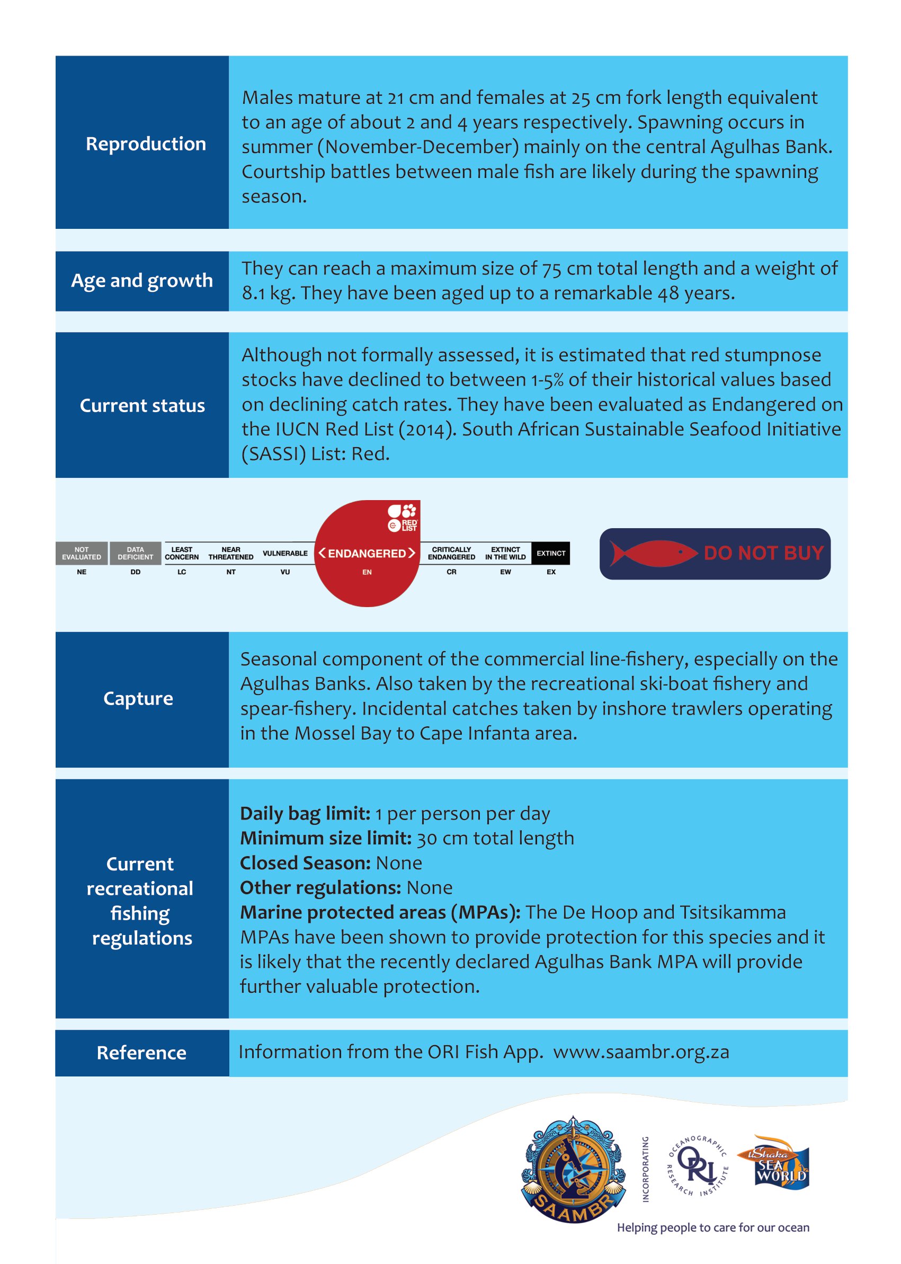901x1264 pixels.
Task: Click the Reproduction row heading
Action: coord(145,144)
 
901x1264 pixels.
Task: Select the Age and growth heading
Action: coord(142,281)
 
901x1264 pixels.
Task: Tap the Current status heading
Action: coord(142,406)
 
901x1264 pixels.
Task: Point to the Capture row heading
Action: coord(138,699)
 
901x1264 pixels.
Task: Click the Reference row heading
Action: coord(141,1053)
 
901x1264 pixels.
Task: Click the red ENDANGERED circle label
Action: coord(367,553)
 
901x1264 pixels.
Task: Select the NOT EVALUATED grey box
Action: coord(82,553)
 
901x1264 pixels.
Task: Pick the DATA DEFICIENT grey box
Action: coord(136,553)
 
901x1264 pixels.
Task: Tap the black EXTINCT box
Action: coord(550,553)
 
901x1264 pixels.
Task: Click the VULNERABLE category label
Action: coord(284,553)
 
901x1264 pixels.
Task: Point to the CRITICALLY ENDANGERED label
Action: coord(451,553)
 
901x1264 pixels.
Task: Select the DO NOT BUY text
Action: coord(763,553)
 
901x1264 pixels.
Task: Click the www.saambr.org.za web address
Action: coord(641,1052)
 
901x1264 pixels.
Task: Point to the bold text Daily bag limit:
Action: coord(305,814)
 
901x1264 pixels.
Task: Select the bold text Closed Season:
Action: coord(305,863)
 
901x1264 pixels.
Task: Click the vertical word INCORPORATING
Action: coord(645,1169)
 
